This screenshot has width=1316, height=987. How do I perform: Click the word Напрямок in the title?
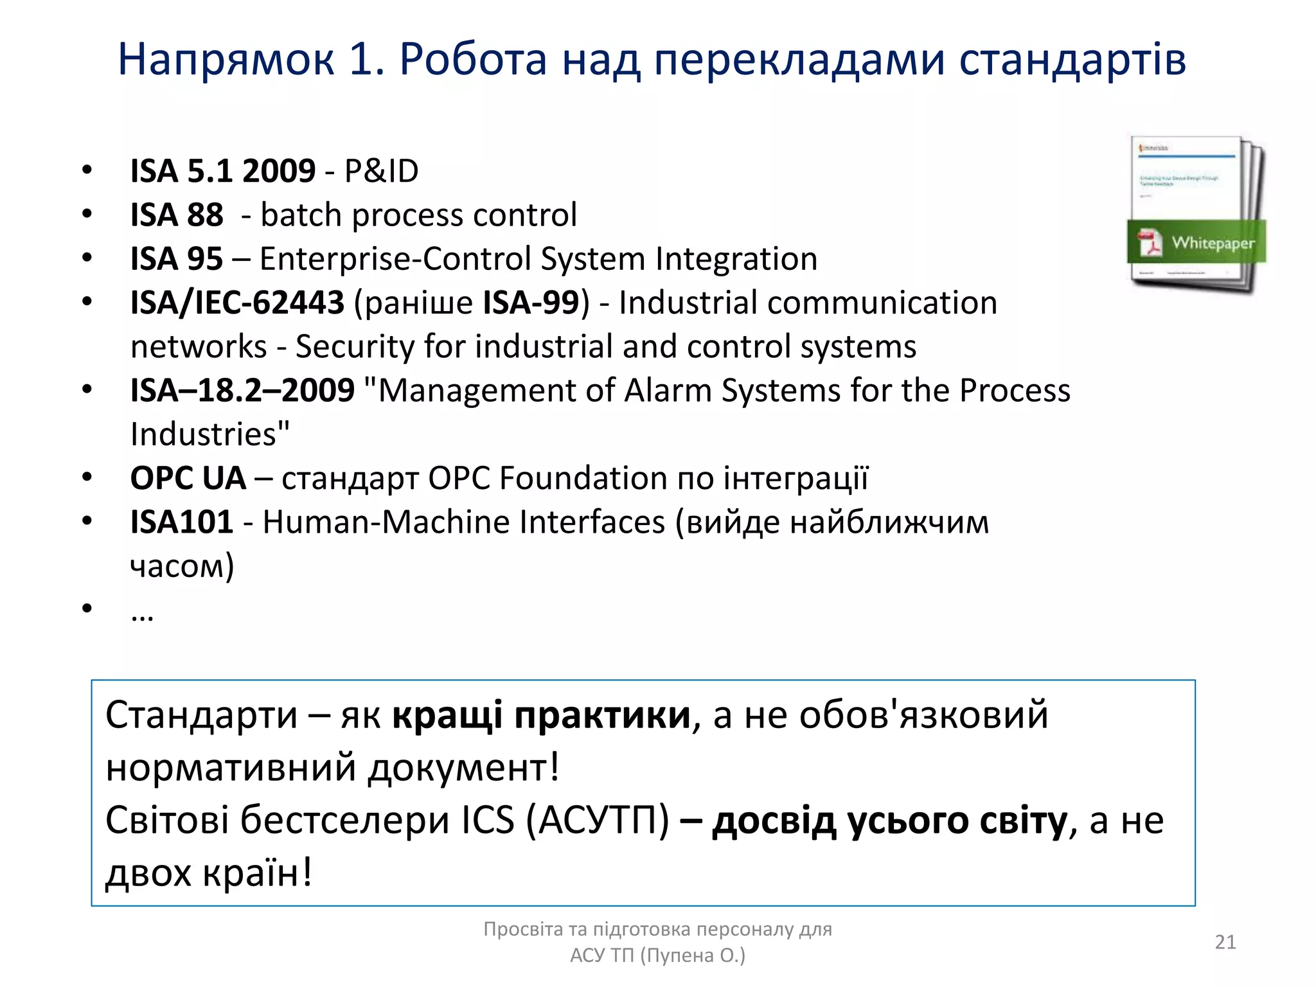(226, 60)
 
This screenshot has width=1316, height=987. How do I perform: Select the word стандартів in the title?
(1072, 60)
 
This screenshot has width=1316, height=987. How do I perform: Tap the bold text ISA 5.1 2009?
(223, 171)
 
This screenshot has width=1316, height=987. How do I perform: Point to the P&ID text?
(381, 171)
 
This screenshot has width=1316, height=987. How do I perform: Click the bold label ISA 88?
(177, 215)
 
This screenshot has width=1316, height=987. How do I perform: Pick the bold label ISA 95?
(177, 259)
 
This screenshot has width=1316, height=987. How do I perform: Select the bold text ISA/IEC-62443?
(237, 303)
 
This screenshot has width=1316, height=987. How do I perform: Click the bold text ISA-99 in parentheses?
(531, 303)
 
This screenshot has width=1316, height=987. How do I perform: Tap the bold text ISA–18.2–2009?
(242, 391)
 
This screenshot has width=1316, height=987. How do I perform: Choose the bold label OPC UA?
(188, 479)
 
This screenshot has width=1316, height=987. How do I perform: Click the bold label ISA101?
(181, 522)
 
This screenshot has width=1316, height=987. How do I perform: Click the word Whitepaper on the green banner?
(1213, 243)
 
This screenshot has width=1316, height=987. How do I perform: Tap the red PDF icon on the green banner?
(1150, 242)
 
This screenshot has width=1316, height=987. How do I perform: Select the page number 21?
(1225, 942)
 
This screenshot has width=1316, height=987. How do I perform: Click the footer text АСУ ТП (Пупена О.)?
(657, 956)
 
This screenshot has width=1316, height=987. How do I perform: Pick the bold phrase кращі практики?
(541, 715)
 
